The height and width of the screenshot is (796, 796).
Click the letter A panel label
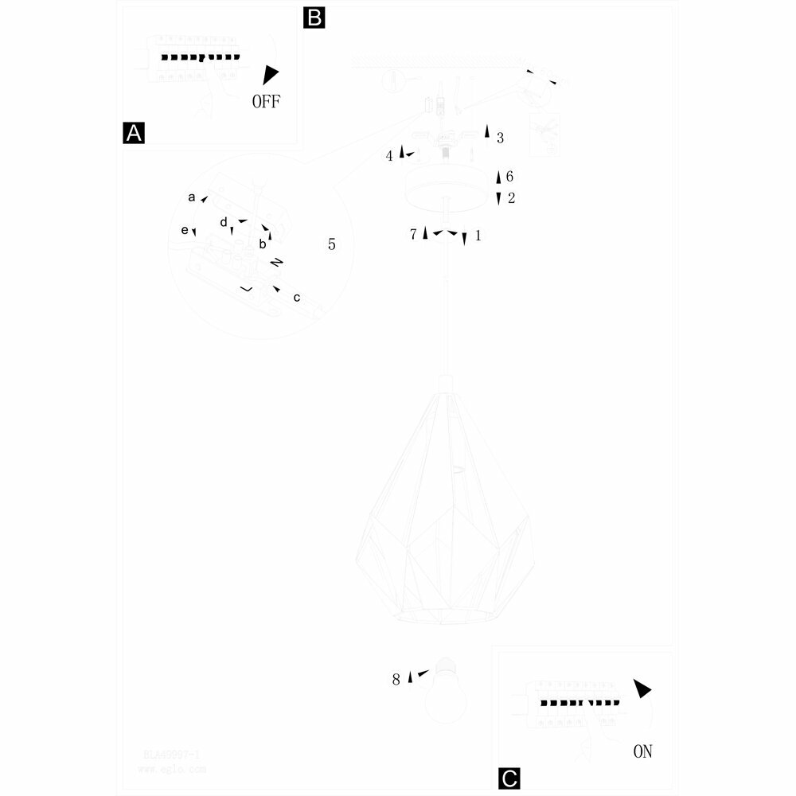tap(134, 133)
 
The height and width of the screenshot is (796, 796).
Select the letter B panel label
tap(314, 18)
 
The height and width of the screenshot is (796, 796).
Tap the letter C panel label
tap(509, 778)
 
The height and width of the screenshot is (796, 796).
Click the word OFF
tap(266, 102)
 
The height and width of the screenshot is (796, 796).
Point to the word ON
tap(642, 751)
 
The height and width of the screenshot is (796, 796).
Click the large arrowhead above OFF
tap(271, 74)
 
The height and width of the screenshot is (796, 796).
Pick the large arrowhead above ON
tap(642, 689)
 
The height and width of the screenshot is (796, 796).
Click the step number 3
tap(500, 138)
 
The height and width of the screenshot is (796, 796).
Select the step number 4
tap(389, 156)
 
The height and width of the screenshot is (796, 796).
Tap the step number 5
tap(332, 244)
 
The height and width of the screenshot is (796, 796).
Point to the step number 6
tap(509, 177)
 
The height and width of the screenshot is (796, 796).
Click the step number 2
tap(511, 198)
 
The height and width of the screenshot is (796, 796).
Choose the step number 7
tap(413, 235)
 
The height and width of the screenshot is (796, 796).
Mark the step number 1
tap(478, 236)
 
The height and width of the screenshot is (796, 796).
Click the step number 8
tap(396, 680)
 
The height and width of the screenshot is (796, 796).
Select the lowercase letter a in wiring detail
tap(192, 196)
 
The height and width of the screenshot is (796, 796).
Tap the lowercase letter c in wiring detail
tap(297, 298)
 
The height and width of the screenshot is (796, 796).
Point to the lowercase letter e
tap(185, 230)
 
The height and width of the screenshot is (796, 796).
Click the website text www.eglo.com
tap(171, 770)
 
